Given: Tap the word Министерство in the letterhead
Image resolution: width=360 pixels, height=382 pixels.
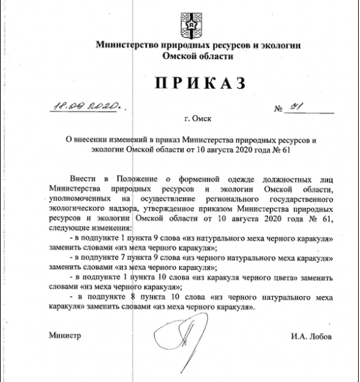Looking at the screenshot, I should coord(126,46).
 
